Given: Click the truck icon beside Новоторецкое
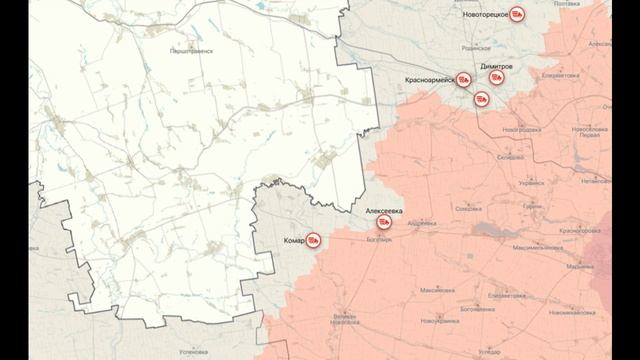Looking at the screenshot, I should (x=517, y=15).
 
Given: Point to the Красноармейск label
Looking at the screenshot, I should (x=430, y=78).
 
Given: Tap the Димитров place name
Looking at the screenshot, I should (x=497, y=65).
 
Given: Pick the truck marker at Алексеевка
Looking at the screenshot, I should (x=383, y=226).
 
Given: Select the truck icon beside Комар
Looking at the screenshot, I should (x=313, y=240).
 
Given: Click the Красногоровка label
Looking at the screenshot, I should (x=579, y=230).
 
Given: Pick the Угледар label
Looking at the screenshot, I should (x=490, y=352).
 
